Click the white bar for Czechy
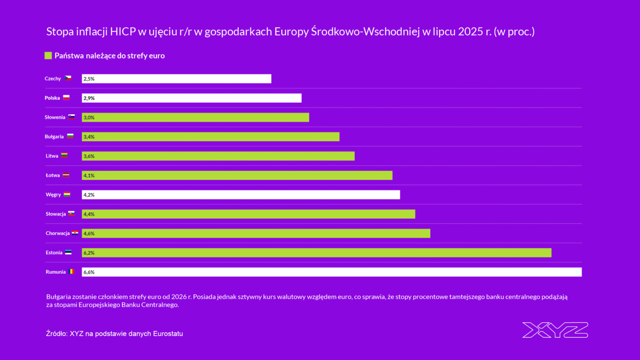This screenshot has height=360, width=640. point(176,79)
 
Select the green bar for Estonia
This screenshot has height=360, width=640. point(316,252)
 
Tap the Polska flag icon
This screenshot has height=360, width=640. point(66,98)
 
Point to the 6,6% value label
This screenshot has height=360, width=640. point(89,272)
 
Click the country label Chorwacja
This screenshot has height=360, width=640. point(57,233)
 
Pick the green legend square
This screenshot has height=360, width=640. point(48,56)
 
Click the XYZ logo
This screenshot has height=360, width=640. point(555,330)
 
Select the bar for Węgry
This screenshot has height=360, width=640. point(241,195)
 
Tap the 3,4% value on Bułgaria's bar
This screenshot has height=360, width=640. point(89,137)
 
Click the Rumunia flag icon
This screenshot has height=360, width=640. point(71,272)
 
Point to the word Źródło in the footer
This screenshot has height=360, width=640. point(56,333)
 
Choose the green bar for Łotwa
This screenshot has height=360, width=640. point(237,176)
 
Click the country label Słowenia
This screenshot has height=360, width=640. point(55,117)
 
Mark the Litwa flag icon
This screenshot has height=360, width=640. point(64,156)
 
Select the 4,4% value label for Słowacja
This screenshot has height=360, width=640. point(89,214)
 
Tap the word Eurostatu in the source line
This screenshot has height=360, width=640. point(168,333)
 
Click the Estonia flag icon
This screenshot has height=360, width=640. point(68,252)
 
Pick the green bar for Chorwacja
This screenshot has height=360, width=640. point(256,233)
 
